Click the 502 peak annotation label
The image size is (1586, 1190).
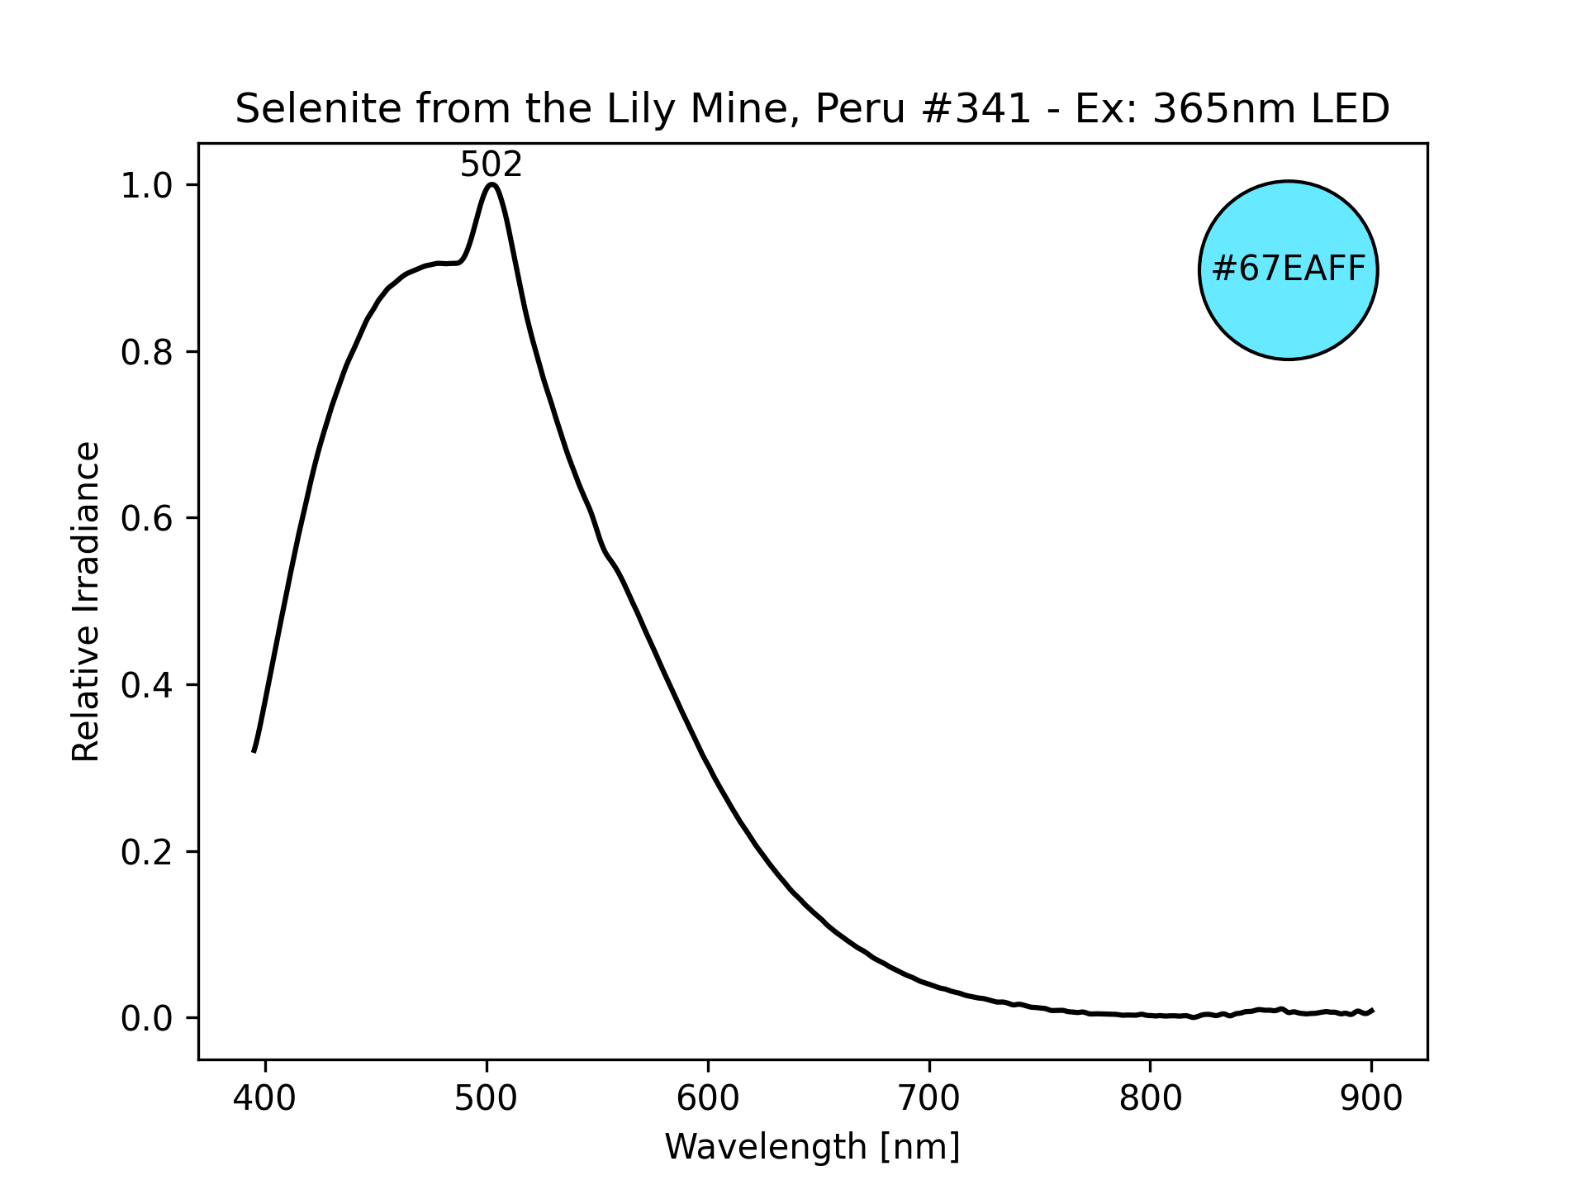(x=491, y=165)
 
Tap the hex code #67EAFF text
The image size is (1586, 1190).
(x=1288, y=269)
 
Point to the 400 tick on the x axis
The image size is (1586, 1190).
(x=265, y=1099)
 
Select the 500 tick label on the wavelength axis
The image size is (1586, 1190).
(x=487, y=1099)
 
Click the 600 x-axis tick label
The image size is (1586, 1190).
(x=708, y=1099)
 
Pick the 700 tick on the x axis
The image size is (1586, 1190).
(x=929, y=1099)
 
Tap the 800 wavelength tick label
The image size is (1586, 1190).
(x=1151, y=1099)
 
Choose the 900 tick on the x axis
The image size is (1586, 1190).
(x=1371, y=1099)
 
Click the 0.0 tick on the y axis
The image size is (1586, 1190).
(x=148, y=1018)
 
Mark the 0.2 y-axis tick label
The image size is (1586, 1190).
(x=148, y=852)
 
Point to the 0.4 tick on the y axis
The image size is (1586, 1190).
(x=148, y=685)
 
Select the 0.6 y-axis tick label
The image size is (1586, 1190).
(x=148, y=519)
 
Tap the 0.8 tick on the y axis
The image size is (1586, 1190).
(x=148, y=353)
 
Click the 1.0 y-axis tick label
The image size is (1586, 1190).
(x=148, y=186)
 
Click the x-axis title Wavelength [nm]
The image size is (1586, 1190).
(x=812, y=1147)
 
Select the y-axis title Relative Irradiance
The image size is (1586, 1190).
(x=86, y=601)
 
